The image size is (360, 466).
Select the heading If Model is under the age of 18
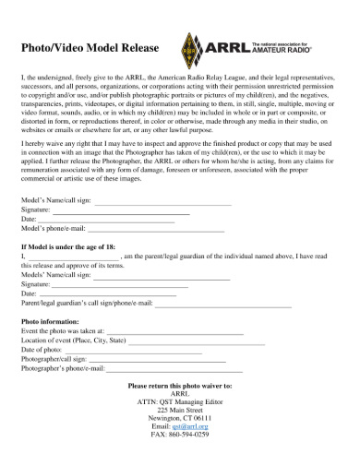click(80, 247)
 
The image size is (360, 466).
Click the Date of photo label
click(46, 351)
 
